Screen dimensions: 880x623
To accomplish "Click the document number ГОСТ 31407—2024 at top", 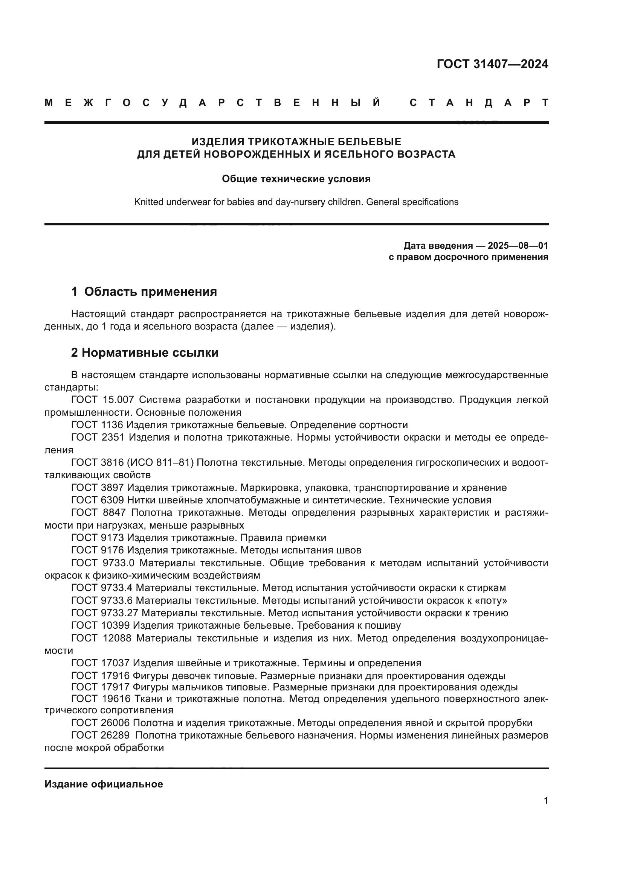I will tap(492, 64).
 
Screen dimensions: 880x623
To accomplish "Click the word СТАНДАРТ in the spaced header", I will tap(479, 103).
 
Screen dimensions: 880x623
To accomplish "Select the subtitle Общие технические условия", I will tap(296, 179).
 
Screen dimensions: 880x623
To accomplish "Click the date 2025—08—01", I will tap(518, 246).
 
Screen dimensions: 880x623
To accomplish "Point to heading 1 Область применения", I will tap(144, 292).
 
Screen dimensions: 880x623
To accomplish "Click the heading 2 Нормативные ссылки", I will tap(145, 352).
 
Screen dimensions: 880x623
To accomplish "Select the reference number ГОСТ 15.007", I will tap(102, 400).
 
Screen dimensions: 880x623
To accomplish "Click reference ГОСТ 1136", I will tap(97, 425).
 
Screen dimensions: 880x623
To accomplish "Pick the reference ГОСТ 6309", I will tap(98, 500).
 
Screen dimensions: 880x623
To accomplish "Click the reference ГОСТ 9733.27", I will tap(105, 613).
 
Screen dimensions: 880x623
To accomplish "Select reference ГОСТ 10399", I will tap(100, 626).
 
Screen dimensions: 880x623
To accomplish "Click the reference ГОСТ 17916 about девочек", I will tap(100, 676).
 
